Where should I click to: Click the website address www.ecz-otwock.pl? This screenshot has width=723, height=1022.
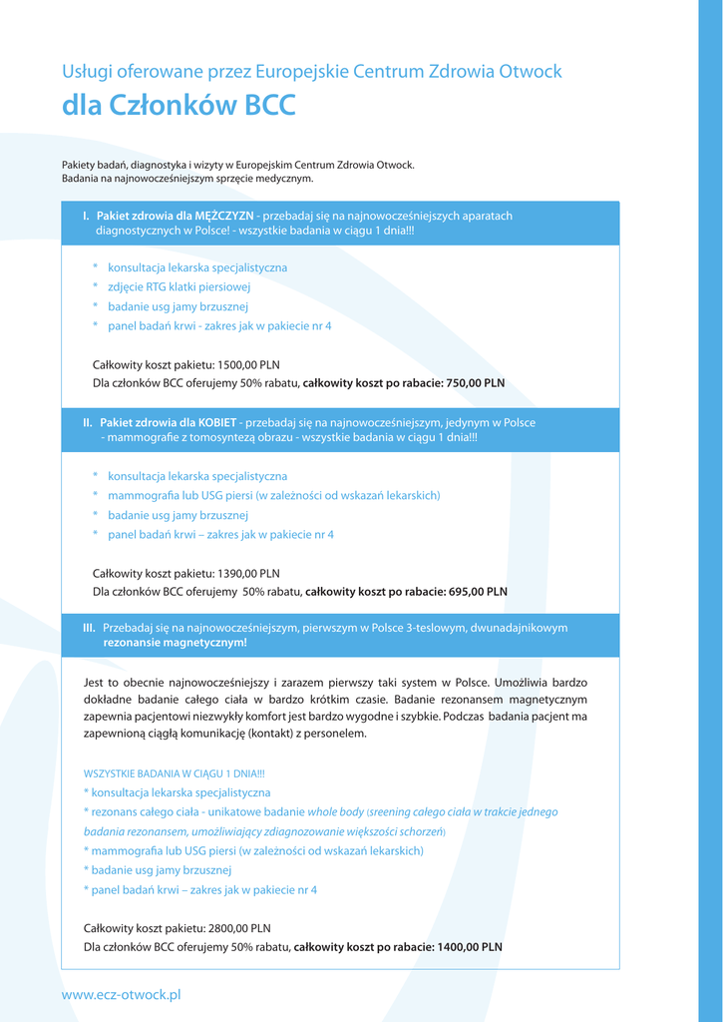point(121,995)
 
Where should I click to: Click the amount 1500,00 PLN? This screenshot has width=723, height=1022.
point(248,364)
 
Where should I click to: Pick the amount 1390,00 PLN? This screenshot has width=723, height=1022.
point(248,573)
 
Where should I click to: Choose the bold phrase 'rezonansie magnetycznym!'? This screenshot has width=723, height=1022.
point(175,643)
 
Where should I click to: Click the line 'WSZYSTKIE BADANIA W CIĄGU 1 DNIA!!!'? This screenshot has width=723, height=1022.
point(174,773)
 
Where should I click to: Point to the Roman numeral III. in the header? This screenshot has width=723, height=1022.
point(89,628)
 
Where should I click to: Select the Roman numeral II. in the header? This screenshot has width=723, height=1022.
point(88,423)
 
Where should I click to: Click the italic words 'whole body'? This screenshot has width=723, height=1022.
point(335,812)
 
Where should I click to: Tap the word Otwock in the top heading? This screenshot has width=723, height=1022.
point(531,72)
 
